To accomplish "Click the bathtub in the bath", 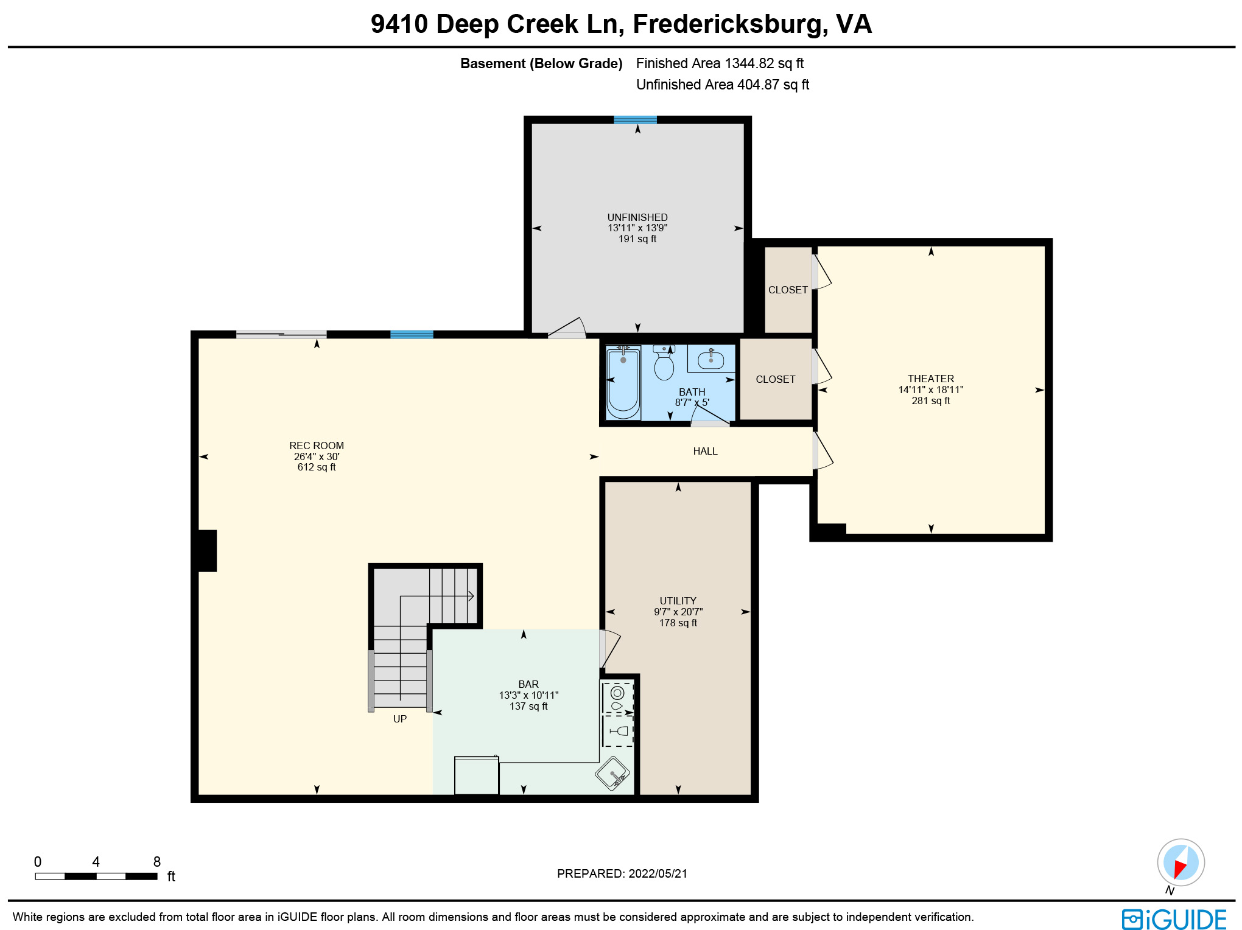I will tap(623, 383).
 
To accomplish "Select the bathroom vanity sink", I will tap(710, 360).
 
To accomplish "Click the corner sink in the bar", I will tap(612, 774).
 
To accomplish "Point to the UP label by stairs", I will tap(399, 719).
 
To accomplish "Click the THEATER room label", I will tap(930, 379).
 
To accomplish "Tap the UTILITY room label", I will tap(678, 601).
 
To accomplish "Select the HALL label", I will tap(705, 451).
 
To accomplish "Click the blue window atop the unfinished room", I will tap(635, 120).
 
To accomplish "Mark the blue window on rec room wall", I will tap(412, 334).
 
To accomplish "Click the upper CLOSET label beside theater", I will tap(788, 290).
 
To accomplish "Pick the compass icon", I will tap(1181, 862).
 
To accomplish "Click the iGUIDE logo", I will tap(1174, 919).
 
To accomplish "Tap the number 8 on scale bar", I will tap(156, 862).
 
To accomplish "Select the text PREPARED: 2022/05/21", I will tap(622, 873).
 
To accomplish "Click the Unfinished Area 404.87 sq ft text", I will tap(722, 85).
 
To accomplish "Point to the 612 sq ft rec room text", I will tap(316, 467).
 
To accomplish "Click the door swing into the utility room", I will tap(609, 649).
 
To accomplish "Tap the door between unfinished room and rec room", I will tap(567, 329).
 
